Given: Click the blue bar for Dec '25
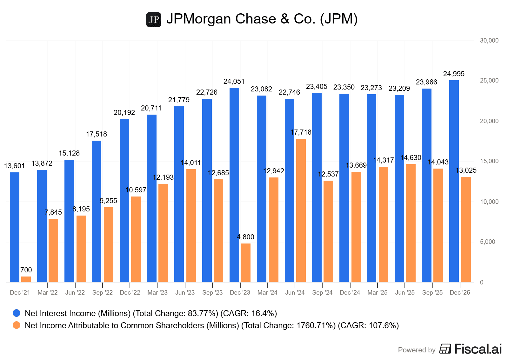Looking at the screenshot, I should click(x=454, y=181).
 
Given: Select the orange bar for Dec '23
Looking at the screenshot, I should click(x=246, y=263).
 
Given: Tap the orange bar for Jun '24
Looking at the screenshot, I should click(x=301, y=210).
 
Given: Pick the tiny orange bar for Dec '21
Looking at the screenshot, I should click(x=26, y=279).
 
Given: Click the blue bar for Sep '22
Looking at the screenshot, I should click(x=97, y=211).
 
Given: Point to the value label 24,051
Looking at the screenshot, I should click(x=234, y=82).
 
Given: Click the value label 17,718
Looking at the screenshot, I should click(x=301, y=132).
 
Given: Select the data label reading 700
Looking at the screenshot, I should click(x=26, y=270).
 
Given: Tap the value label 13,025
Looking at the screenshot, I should click(x=466, y=170).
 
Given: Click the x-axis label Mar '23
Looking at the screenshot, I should click(x=157, y=293).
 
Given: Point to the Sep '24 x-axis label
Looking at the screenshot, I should click(x=322, y=293).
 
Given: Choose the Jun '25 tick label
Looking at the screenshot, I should click(x=405, y=293).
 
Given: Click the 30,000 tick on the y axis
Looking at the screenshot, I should click(x=489, y=41).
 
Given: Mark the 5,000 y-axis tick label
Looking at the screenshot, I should click(x=487, y=242).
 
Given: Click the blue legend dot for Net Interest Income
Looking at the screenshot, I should click(x=17, y=313).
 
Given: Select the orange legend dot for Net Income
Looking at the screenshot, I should click(x=17, y=325).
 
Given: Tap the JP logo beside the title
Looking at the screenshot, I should click(x=154, y=20).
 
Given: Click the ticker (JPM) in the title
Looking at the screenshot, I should click(x=339, y=19).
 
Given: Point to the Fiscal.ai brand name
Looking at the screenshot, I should click(x=478, y=349).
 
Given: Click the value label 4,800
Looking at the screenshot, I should click(x=246, y=237).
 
